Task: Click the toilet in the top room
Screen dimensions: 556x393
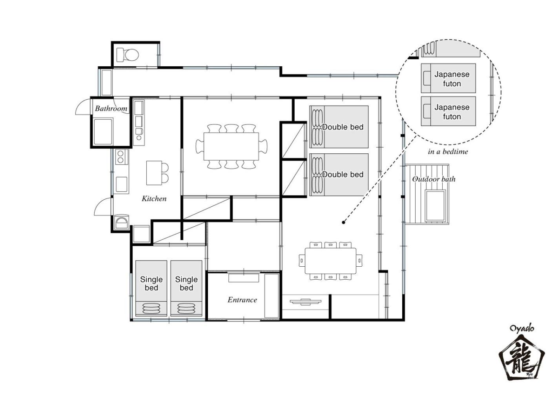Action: click(128, 55)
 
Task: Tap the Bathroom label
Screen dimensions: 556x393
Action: click(111, 108)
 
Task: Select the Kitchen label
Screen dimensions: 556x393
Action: click(154, 198)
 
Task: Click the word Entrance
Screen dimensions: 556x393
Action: click(242, 300)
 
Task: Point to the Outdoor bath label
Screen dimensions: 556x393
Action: click(434, 179)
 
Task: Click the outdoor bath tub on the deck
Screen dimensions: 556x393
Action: click(435, 206)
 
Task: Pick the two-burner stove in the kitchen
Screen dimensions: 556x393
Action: click(122, 157)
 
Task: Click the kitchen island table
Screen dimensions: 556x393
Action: click(154, 173)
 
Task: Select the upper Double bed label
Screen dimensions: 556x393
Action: click(343, 127)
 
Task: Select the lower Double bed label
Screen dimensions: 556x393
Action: click(343, 175)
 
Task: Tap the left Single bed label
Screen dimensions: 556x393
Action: click(151, 284)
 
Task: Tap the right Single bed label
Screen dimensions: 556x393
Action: click(186, 284)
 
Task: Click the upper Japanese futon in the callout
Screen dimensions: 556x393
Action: click(448, 78)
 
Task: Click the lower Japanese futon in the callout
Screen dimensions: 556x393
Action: click(448, 111)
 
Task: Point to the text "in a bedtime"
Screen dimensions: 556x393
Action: click(448, 152)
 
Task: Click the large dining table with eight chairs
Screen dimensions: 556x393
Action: click(231, 146)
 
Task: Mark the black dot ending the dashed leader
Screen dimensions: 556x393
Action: click(344, 222)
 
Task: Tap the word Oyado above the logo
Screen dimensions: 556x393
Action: click(522, 328)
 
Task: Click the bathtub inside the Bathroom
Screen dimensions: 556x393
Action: click(103, 132)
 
